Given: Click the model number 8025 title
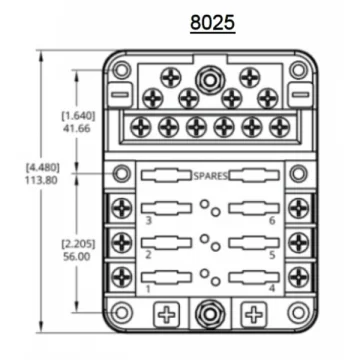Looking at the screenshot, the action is (213, 23).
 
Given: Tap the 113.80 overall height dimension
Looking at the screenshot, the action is (41, 180).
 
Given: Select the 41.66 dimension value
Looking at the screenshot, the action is (77, 128).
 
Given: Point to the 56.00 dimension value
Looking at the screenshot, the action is (77, 257).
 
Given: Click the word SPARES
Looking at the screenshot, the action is (211, 176).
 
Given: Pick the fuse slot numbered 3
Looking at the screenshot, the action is (166, 208).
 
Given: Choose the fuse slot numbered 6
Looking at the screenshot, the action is (254, 208).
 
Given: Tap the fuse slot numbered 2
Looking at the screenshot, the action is (166, 243).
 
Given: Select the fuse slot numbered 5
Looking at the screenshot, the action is (254, 243).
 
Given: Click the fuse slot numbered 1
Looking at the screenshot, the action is (166, 278).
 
